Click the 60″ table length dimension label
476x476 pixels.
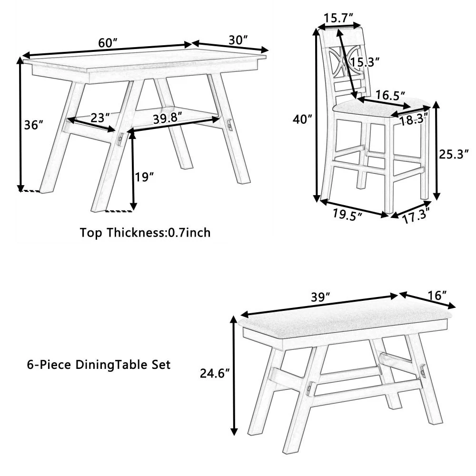pos(108,42)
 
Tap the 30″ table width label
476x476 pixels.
pos(238,40)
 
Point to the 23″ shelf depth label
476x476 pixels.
pos(100,118)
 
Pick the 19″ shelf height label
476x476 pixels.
pos(144,177)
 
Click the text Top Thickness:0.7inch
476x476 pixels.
pos(145,233)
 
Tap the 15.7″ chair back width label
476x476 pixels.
pos(338,18)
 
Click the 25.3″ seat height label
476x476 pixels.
pos(454,153)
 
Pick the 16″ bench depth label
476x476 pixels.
pos(437,295)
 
